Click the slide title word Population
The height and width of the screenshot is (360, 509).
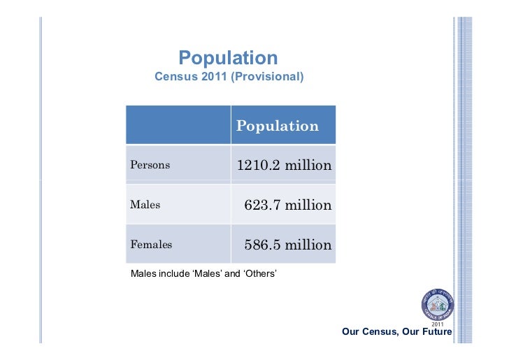(x=228, y=58)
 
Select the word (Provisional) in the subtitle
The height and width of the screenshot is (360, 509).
(x=269, y=75)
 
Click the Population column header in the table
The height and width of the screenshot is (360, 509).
(x=278, y=126)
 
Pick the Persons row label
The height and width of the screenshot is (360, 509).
(x=150, y=166)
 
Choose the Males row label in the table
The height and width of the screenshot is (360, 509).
(x=145, y=206)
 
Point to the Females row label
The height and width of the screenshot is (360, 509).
(x=151, y=245)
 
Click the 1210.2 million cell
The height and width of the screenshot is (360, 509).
(x=284, y=166)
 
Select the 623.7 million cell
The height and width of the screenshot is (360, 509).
(x=287, y=206)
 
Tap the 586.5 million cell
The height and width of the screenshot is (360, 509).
(x=287, y=245)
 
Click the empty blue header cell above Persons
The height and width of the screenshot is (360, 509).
(x=178, y=125)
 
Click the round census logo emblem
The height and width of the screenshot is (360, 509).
(x=437, y=305)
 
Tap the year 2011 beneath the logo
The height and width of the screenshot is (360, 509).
(x=438, y=324)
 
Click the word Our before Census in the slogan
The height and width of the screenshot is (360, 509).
(x=351, y=332)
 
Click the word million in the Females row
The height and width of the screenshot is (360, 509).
(x=308, y=245)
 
